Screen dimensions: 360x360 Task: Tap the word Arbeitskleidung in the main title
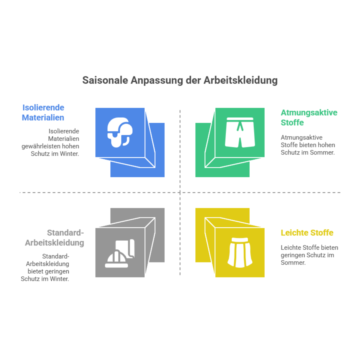(x=240, y=81)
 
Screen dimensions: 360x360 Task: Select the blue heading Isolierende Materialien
(x=43, y=112)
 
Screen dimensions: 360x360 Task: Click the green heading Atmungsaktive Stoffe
(x=309, y=118)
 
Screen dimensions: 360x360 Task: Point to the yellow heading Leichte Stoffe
(x=307, y=232)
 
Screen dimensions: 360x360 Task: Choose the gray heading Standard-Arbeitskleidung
(x=55, y=238)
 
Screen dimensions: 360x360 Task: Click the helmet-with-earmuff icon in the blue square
(x=120, y=132)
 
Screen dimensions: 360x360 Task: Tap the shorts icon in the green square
(x=240, y=132)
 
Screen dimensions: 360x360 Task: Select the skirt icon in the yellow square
(x=240, y=252)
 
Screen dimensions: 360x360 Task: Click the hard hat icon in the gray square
(x=120, y=253)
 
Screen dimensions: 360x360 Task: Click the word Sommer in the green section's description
(x=322, y=152)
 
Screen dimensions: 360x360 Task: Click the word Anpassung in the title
(x=157, y=81)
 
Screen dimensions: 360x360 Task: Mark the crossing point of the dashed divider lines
(x=180, y=192)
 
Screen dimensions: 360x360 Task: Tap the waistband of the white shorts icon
(x=240, y=119)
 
